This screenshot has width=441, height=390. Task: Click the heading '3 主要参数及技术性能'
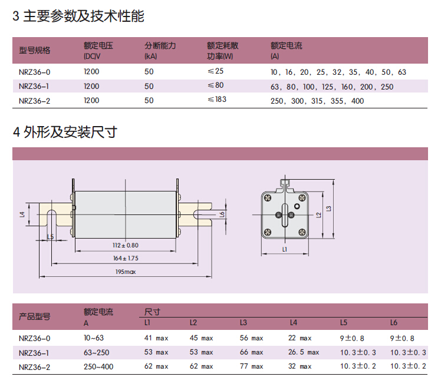click(x=78, y=16)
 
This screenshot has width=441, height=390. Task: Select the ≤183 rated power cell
click(x=217, y=100)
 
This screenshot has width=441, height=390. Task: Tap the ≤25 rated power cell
click(x=216, y=71)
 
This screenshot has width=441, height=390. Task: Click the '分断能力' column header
click(x=160, y=45)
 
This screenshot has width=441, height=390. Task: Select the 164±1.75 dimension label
click(x=125, y=258)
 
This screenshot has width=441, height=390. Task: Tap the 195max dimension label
click(x=125, y=272)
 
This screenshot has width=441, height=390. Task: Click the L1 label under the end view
click(x=284, y=250)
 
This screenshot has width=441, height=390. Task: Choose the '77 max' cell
click(x=251, y=366)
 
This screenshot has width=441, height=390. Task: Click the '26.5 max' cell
click(x=304, y=352)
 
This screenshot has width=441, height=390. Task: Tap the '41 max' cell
click(x=156, y=338)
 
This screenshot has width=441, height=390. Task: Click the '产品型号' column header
click(x=35, y=316)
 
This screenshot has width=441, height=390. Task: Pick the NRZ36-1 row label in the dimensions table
click(x=35, y=352)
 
